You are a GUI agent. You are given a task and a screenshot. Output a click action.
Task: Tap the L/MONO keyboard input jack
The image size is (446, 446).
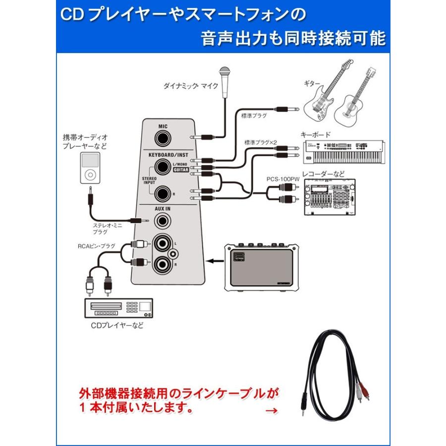click(x=162, y=166)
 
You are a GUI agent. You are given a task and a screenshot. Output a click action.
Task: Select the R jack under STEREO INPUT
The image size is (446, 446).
click(x=162, y=193)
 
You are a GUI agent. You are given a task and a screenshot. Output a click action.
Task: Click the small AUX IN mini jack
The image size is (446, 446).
click(x=162, y=219)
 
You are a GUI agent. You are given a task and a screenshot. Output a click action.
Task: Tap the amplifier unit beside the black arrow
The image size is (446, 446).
click(x=260, y=266)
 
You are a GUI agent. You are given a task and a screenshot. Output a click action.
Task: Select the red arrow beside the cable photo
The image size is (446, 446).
click(x=272, y=411)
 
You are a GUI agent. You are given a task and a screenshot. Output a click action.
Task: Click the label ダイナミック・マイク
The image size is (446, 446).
click(x=191, y=86)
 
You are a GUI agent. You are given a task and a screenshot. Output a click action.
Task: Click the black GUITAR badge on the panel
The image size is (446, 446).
click(x=180, y=169)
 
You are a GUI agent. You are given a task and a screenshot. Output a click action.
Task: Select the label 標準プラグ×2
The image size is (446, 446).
click(x=260, y=143)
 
